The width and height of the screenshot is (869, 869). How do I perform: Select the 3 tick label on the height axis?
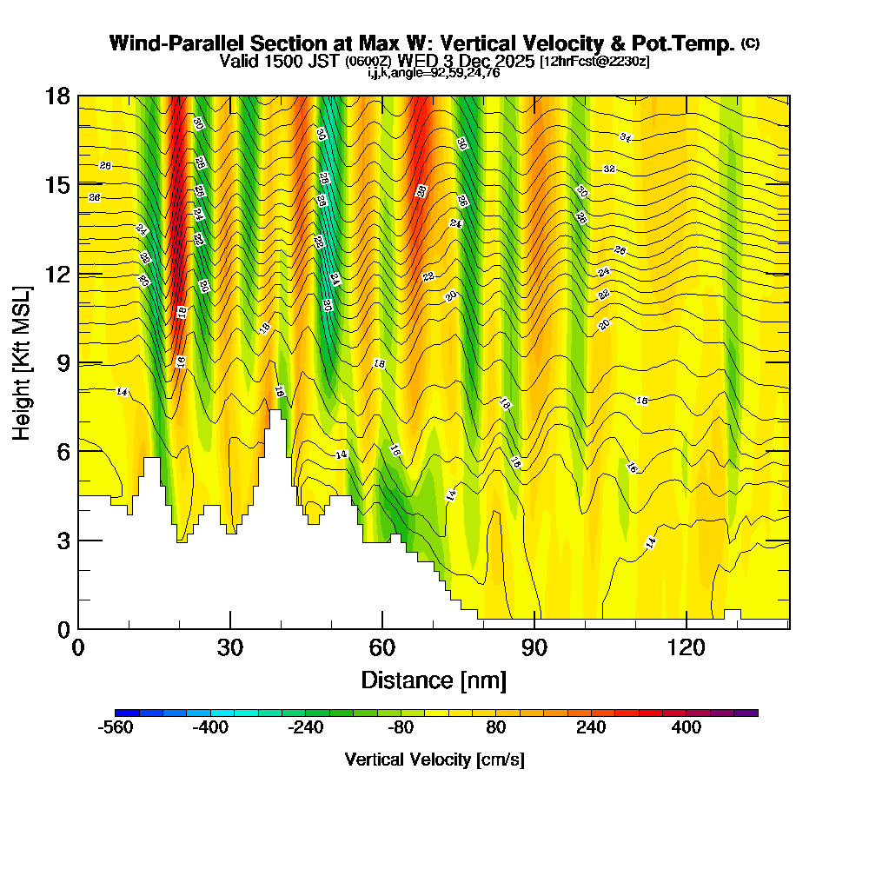click(63, 541)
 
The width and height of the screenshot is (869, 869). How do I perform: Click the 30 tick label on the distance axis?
click(230, 647)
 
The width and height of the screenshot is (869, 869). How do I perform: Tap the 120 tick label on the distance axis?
click(687, 647)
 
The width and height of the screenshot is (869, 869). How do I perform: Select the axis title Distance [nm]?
click(434, 679)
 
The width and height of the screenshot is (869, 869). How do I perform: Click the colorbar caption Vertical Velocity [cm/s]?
click(434, 760)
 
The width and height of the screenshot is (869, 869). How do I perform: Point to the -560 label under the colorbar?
click(116, 727)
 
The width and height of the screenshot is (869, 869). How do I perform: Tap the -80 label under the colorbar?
click(400, 727)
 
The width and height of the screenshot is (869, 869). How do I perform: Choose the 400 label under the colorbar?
click(687, 727)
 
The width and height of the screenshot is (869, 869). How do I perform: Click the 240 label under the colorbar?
click(591, 727)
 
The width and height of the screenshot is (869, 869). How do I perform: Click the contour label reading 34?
click(626, 137)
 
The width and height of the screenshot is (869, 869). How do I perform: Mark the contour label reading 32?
click(609, 169)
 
